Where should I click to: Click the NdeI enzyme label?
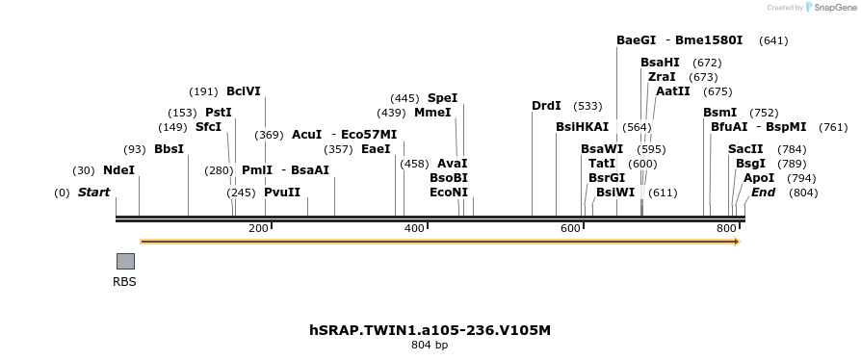coord(118,170)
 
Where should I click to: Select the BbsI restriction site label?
coord(169,149)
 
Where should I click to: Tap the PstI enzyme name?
coord(219,113)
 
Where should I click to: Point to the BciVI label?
coord(243,91)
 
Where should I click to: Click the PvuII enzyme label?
coord(282,192)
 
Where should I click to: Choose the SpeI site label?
coord(442,98)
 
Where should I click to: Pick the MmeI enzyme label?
coord(432,113)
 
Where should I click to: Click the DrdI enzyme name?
coord(546,106)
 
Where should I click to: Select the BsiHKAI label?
coord(583,127)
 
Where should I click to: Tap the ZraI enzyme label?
coord(662,77)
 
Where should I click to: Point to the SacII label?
coord(745,149)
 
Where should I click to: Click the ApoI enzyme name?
coord(759,178)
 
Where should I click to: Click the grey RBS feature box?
coord(125,261)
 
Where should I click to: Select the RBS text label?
coord(125,282)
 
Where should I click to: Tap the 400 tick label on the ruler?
coord(414,228)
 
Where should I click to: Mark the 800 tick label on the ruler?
coord(727,228)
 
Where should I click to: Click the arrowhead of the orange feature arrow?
coord(736,242)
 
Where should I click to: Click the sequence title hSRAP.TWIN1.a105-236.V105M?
coord(430,330)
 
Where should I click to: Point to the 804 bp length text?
coord(430,345)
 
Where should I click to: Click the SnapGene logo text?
coord(835,8)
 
